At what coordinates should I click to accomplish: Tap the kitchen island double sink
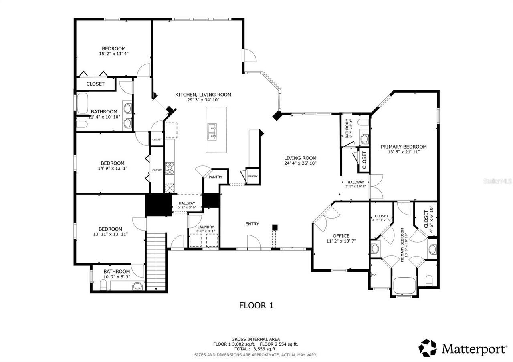[212, 132]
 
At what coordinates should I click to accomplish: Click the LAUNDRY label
[205, 227]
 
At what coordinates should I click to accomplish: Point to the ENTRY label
[252, 224]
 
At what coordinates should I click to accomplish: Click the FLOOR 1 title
[256, 305]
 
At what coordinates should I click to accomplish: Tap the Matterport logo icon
[428, 348]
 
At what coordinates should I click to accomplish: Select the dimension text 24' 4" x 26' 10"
[301, 163]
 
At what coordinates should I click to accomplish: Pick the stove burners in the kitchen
[170, 167]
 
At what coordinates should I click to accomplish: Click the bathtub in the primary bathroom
[405, 285]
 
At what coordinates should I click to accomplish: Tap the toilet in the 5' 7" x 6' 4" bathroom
[364, 122]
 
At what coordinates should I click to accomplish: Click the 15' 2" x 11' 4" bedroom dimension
[113, 53]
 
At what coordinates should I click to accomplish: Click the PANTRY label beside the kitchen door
[215, 177]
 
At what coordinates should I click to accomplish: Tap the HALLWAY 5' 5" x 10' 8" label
[355, 184]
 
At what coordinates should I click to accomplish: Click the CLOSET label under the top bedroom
[95, 84]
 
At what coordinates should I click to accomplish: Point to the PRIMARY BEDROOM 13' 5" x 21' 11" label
[403, 149]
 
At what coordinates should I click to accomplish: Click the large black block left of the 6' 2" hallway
[158, 205]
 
